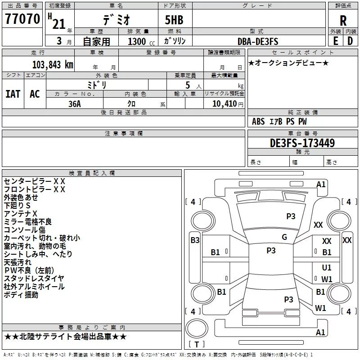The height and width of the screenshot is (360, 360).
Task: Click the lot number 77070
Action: [22, 19]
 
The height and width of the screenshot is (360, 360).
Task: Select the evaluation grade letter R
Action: [343, 21]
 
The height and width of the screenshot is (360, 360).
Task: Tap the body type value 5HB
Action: [174, 20]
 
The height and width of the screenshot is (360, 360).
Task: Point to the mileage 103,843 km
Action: [53, 64]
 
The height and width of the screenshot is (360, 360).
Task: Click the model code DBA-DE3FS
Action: [258, 41]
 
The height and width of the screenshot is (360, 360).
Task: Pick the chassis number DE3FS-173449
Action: [302, 143]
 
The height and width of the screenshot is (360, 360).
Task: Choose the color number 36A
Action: [75, 104]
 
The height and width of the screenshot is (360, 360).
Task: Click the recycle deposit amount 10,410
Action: [224, 104]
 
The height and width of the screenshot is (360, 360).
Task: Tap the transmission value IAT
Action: [13, 94]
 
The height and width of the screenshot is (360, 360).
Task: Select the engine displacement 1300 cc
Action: [141, 41]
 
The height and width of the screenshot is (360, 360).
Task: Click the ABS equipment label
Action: [258, 121]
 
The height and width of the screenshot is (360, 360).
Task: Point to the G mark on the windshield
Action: [284, 237]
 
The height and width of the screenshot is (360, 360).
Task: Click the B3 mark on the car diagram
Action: [195, 240]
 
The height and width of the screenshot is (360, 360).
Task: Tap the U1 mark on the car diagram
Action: [327, 267]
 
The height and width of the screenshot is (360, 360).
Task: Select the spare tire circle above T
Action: [197, 328]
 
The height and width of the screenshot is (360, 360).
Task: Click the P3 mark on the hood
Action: [291, 216]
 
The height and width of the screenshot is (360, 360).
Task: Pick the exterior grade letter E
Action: [336, 41]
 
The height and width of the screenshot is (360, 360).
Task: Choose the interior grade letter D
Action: [350, 41]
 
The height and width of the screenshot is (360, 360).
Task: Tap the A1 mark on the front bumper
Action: [321, 184]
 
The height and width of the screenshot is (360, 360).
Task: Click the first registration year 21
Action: [59, 24]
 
